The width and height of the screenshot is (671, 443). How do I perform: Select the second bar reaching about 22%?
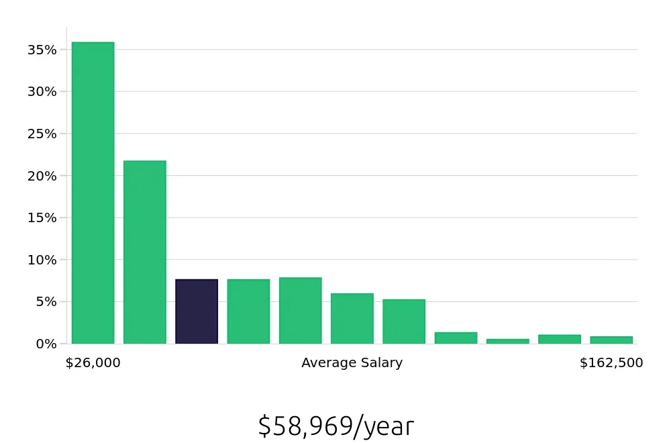click(x=144, y=252)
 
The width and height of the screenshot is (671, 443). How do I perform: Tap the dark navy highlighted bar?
click(x=197, y=311)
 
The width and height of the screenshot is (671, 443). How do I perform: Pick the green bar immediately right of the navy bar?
click(x=248, y=311)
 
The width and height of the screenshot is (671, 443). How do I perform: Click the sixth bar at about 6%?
click(x=352, y=318)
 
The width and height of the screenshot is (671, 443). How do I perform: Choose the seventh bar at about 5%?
click(x=404, y=322)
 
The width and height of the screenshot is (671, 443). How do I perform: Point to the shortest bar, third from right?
click(x=507, y=341)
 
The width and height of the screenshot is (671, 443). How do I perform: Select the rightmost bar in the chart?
click(x=611, y=340)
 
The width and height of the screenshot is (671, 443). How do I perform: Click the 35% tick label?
click(x=42, y=50)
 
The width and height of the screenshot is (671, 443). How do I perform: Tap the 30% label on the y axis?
click(x=42, y=91)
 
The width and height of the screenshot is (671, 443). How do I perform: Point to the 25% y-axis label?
click(x=42, y=134)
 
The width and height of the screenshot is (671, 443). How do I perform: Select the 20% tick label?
click(x=42, y=176)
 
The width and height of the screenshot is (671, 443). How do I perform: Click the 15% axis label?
click(x=42, y=217)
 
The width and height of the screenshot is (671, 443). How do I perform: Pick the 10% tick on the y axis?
click(x=42, y=260)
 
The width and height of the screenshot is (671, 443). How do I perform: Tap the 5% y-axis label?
click(x=45, y=301)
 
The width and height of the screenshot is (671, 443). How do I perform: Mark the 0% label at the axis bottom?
click(x=45, y=344)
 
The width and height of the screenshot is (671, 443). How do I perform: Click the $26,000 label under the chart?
click(x=93, y=363)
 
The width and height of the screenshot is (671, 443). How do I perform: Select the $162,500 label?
click(x=611, y=363)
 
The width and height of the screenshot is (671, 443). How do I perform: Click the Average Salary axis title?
click(x=352, y=363)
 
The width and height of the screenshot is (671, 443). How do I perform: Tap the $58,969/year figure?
click(x=335, y=426)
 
